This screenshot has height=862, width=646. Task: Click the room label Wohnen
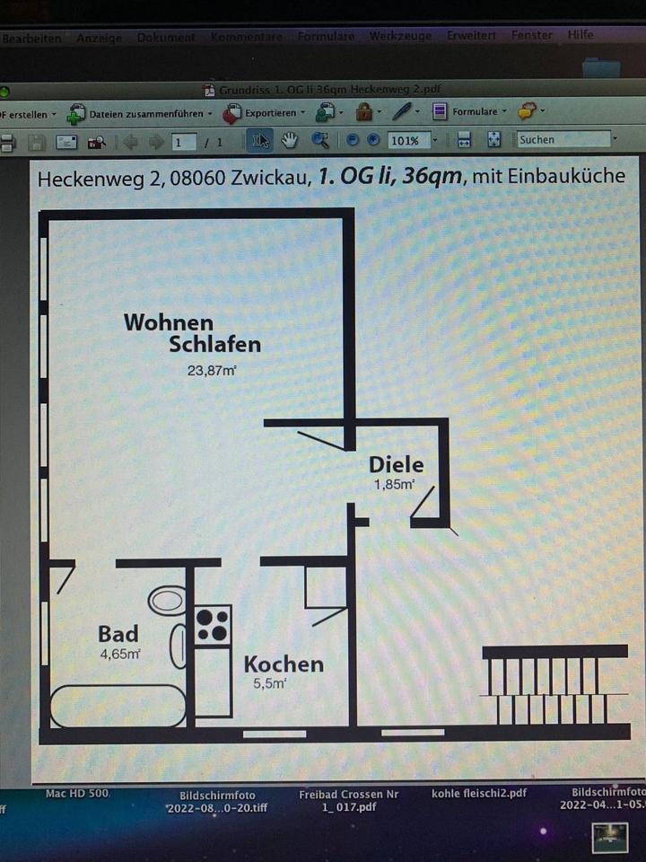(x=169, y=321)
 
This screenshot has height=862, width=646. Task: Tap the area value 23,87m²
(x=211, y=369)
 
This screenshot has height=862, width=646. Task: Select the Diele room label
(x=397, y=464)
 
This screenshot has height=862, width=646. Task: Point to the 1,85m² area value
(x=395, y=485)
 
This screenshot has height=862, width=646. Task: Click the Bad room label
(x=118, y=634)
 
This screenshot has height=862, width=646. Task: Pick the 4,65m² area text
(x=119, y=655)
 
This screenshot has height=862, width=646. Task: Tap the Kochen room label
(x=284, y=664)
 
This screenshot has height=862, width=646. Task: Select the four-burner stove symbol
(x=213, y=625)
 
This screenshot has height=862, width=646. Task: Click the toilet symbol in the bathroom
(x=167, y=599)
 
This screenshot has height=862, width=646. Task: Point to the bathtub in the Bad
(x=117, y=706)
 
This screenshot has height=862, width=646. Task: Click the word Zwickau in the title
(x=266, y=176)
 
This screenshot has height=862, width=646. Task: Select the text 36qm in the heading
(x=432, y=176)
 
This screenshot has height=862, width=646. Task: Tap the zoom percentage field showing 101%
(x=405, y=141)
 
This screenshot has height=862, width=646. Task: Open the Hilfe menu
(x=581, y=36)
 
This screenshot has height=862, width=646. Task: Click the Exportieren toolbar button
(x=266, y=113)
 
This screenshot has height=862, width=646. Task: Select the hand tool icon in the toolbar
(x=289, y=140)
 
